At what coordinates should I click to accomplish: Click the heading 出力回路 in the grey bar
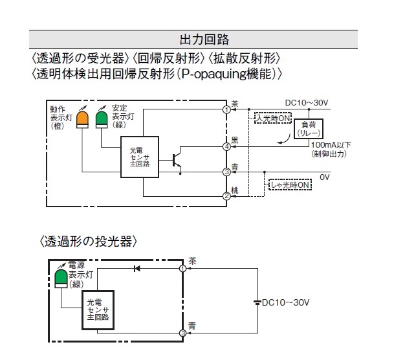pos(204,39)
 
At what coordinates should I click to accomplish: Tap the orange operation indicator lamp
pos(82,120)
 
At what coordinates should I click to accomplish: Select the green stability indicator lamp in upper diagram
pos(102,120)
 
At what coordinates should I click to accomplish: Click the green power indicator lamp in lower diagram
pos(61,278)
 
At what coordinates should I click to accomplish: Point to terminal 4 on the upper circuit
pos(226,146)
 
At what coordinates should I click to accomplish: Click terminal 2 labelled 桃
pos(226,196)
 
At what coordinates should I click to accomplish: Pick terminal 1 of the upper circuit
pos(226,109)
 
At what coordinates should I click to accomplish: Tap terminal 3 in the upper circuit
pos(226,172)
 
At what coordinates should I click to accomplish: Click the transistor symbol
pos(177,161)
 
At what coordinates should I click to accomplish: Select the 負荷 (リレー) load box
pos(309,129)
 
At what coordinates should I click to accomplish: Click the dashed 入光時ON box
pos(272,118)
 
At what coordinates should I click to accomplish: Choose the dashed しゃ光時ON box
pos(290,185)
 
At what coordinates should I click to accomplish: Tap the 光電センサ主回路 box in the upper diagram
pos(140,157)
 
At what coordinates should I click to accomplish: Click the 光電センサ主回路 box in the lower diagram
pos(98,310)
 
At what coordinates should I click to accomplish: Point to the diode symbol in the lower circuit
pos(137,269)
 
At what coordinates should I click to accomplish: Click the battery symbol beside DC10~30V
pos(257,302)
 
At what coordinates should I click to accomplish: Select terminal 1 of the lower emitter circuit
pos(182,269)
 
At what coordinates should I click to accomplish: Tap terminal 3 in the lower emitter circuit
pos(182,333)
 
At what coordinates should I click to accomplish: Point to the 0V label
pos(324,177)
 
